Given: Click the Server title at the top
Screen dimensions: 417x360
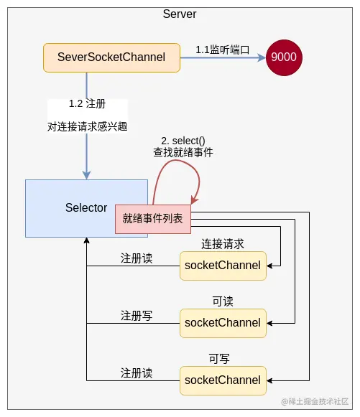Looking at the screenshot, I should coord(180,14).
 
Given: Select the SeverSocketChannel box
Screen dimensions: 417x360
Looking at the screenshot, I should coord(111,57).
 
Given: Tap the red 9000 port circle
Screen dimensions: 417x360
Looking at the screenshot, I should coord(284,57).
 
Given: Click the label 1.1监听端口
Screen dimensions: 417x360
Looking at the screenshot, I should coord(221,50).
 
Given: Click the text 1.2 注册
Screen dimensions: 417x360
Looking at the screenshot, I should coord(87,104).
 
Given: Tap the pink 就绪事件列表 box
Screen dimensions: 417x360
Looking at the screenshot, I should coord(153,219).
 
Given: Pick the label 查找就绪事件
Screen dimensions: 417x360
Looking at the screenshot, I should coord(183,152).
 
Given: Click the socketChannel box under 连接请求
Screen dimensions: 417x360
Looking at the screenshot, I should coord(223,265).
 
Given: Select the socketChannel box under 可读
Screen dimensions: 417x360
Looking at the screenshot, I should coord(223,322).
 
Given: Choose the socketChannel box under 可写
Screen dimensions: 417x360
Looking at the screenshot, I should coord(223,380).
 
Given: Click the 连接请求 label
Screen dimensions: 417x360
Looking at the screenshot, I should coord(223,244).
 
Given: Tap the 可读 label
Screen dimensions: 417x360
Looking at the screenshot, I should coord(223,301).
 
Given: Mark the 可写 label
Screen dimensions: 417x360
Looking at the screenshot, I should coord(219,359).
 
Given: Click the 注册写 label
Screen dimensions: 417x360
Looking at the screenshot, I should coord(137,316).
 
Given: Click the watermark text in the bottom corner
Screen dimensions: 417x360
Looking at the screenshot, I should coord(315,401).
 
